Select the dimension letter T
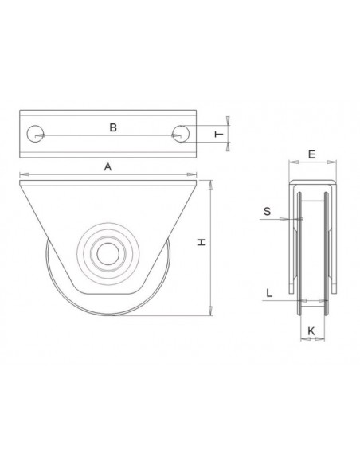[219, 135]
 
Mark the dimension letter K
[311, 328]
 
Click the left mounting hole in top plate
[35, 135]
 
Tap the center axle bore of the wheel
[105, 254]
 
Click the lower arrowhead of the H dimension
[210, 308]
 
